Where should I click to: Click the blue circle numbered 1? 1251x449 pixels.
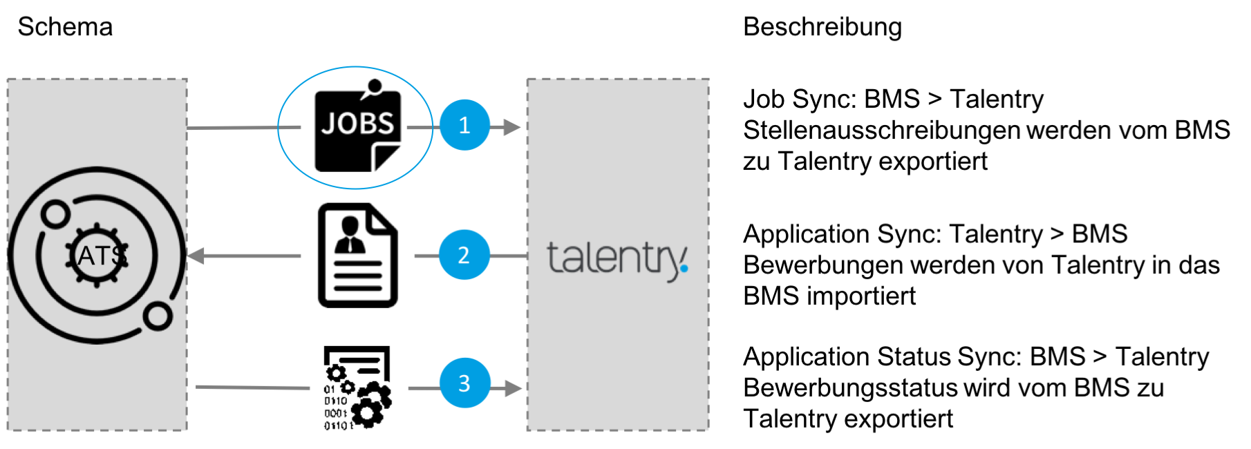click(464, 125)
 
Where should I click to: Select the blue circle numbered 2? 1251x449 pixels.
click(464, 255)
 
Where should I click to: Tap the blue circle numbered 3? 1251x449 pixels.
click(464, 383)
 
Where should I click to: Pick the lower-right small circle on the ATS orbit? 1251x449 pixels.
click(158, 316)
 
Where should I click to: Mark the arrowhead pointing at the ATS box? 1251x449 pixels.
click(196, 256)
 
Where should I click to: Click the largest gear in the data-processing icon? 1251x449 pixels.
click(367, 412)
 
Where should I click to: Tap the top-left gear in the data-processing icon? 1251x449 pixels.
click(336, 374)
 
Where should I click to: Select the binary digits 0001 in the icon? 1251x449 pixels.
click(336, 413)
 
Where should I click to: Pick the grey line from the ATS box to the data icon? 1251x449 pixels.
click(252, 388)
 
